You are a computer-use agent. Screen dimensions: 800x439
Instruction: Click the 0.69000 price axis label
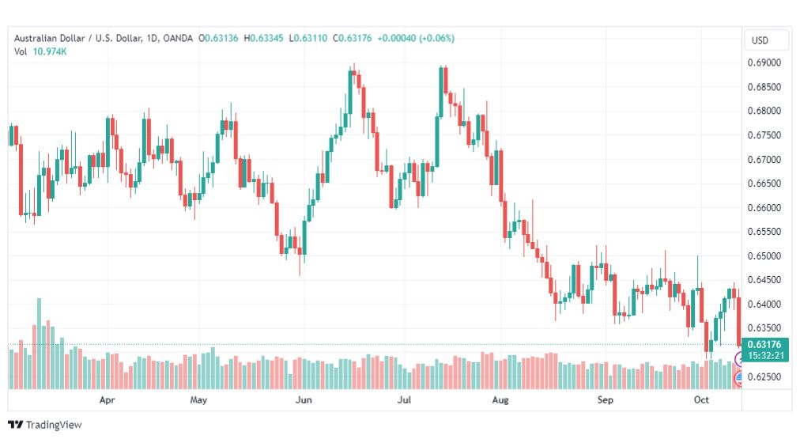click(x=764, y=62)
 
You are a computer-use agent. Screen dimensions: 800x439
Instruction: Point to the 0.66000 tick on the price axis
click(x=764, y=208)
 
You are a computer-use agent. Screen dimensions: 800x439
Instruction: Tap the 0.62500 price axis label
click(x=764, y=377)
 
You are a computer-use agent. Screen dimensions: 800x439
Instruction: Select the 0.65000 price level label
click(x=764, y=255)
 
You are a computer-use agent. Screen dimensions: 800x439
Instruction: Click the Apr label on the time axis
click(x=108, y=399)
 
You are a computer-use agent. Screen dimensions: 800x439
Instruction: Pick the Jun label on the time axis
click(x=304, y=399)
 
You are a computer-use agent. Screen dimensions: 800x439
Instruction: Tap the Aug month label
click(x=500, y=399)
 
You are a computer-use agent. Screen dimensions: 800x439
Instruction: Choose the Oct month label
click(x=701, y=399)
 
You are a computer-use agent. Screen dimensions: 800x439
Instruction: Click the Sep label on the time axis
click(x=605, y=399)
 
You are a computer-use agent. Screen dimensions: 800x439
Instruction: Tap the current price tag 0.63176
click(x=764, y=345)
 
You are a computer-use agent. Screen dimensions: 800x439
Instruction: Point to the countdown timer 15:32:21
click(x=764, y=355)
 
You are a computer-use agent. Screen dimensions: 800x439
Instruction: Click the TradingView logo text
click(x=54, y=425)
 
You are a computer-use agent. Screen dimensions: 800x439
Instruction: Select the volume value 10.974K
click(x=50, y=51)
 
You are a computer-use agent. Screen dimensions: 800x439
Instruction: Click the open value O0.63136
click(x=218, y=38)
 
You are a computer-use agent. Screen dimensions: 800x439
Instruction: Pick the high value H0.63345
click(x=263, y=38)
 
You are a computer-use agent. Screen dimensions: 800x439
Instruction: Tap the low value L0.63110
click(x=308, y=38)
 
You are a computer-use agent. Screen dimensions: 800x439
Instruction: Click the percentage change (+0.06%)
click(x=436, y=38)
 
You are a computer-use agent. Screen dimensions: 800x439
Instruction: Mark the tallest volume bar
click(x=40, y=343)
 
